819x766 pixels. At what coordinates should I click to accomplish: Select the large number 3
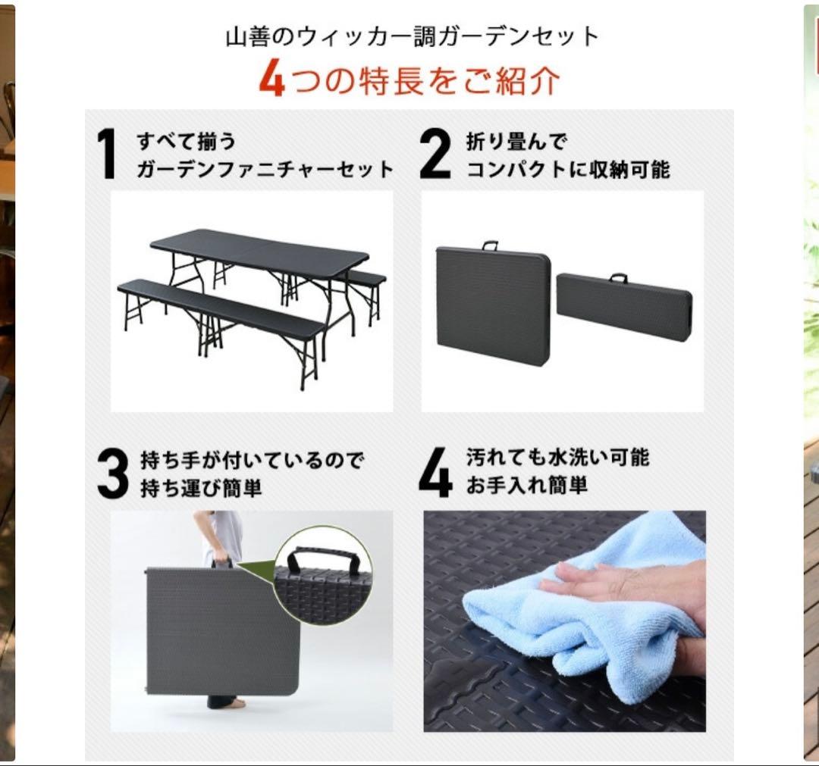(x=114, y=474)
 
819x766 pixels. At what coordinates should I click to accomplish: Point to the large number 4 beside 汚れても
(x=435, y=474)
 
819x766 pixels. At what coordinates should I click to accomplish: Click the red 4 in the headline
(x=271, y=80)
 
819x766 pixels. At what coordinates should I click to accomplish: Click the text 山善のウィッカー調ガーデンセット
(x=413, y=36)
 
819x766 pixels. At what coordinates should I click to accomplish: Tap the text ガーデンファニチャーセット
(x=265, y=170)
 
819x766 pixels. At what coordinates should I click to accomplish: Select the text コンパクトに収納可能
(x=568, y=170)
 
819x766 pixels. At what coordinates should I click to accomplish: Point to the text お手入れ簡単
(x=526, y=486)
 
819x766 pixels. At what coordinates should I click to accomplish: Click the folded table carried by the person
(x=212, y=629)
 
